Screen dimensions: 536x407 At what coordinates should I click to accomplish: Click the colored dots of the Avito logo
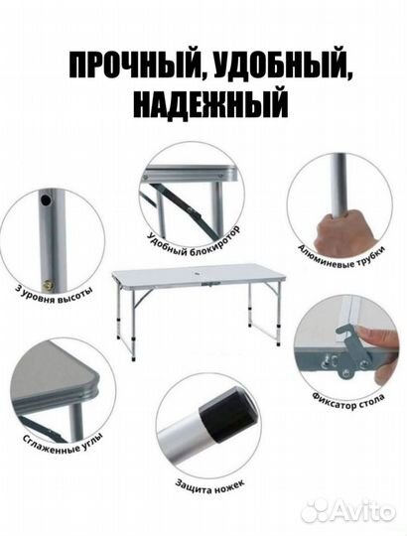click(x=317, y=510)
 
